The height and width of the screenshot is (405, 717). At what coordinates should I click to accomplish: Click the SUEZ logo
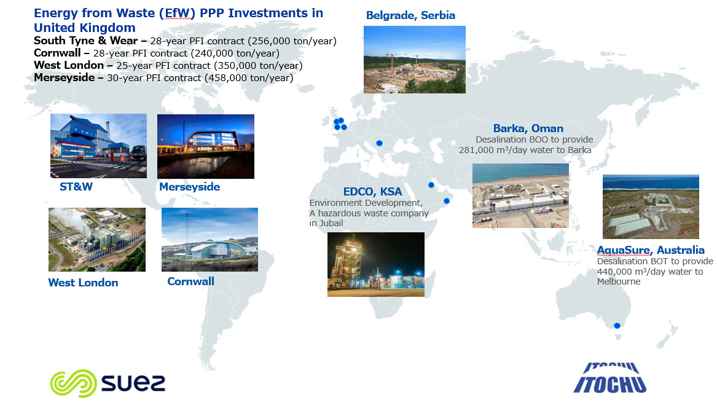click(108, 383)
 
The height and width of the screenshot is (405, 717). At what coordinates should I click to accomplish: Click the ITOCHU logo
click(610, 378)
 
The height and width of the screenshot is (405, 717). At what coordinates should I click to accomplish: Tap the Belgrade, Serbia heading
click(410, 15)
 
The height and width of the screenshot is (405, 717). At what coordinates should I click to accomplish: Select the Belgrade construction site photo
click(414, 60)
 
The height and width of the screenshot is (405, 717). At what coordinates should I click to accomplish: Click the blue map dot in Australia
click(617, 326)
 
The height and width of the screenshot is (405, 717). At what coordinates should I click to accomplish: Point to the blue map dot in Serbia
click(379, 143)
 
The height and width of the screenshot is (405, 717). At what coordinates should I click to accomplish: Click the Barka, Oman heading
click(528, 128)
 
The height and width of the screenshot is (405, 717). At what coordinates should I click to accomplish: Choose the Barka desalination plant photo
click(520, 195)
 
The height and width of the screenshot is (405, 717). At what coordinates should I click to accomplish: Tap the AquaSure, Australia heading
click(651, 250)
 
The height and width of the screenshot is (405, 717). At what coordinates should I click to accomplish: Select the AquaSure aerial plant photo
click(651, 206)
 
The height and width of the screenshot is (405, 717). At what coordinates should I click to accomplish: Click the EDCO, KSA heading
click(373, 192)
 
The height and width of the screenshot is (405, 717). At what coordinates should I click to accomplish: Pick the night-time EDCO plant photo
click(376, 264)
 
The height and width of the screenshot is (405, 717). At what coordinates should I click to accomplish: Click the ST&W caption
click(76, 187)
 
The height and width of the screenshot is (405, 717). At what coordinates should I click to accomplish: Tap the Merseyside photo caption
click(189, 187)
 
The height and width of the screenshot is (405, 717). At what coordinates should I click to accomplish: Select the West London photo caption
click(83, 283)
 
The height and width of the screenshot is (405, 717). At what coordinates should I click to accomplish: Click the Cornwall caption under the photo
click(190, 281)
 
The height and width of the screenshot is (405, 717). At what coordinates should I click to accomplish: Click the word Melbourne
click(619, 281)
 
